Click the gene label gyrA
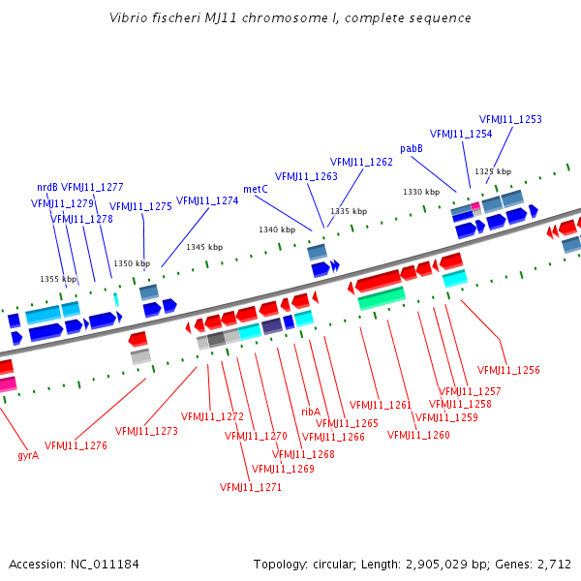(x=28, y=454)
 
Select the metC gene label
(x=256, y=190)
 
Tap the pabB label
(x=412, y=148)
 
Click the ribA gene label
(x=311, y=412)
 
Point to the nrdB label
(x=47, y=187)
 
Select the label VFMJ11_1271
(x=251, y=487)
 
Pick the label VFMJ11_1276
(x=76, y=445)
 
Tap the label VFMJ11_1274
(x=207, y=200)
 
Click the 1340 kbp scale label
(x=277, y=229)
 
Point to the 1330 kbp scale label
(x=421, y=192)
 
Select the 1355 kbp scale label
(x=58, y=279)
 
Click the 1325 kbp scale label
(x=492, y=171)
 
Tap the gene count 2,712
(x=553, y=564)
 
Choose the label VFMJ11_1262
(x=361, y=162)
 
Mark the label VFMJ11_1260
(x=418, y=435)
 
